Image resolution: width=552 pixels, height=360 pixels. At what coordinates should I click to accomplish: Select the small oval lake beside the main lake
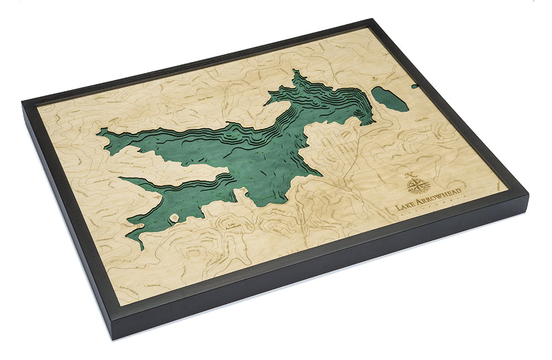coord(390,99)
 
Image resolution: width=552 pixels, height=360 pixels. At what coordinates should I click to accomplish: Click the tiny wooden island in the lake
coord(175,219)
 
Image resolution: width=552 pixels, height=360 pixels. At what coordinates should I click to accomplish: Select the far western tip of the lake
coord(99,131)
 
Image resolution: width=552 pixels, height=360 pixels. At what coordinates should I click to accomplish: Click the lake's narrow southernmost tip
coord(141,247)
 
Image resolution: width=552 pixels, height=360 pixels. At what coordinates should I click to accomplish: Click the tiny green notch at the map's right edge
coord(415,86)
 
